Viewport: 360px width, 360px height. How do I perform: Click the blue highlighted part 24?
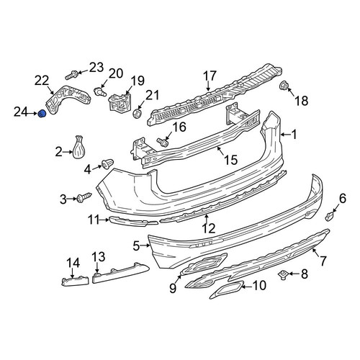click(42, 114)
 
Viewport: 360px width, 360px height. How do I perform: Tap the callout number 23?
click(96, 68)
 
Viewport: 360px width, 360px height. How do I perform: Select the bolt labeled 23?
click(71, 75)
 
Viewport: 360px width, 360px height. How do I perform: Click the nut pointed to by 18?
click(284, 86)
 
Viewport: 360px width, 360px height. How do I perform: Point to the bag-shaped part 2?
click(79, 148)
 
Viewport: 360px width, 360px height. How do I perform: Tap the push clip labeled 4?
click(107, 163)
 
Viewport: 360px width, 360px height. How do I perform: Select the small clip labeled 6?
click(329, 216)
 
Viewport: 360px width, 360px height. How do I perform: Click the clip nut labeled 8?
click(283, 275)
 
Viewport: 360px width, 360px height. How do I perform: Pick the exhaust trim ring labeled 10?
click(227, 289)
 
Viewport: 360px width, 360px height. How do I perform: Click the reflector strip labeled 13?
click(120, 273)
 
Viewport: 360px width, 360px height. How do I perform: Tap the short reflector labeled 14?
click(76, 282)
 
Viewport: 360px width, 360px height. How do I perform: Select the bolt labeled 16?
click(163, 141)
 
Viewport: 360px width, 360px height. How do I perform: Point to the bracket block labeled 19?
click(120, 102)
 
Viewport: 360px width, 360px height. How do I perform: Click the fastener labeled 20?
click(99, 91)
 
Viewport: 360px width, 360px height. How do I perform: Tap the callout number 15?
click(231, 160)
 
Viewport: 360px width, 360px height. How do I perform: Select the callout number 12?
click(209, 228)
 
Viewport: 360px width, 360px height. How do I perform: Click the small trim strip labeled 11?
click(133, 221)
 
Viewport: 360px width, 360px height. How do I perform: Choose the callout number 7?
click(323, 260)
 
